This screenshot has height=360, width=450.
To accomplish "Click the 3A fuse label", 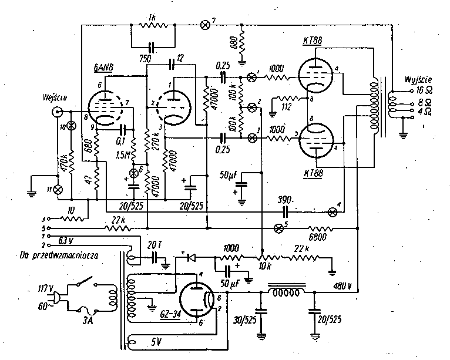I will coord(90,322).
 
